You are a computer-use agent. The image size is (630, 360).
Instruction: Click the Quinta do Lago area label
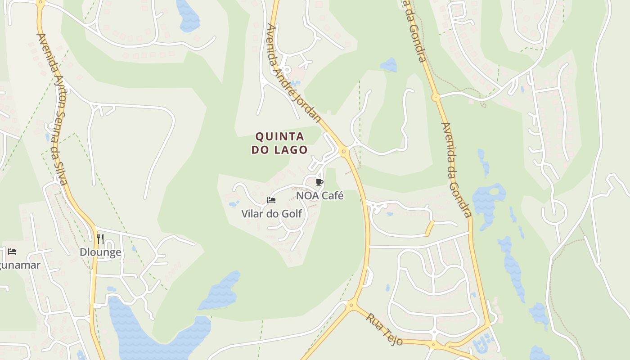(x=279, y=143)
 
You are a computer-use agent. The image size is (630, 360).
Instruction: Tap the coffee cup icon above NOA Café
(x=319, y=182)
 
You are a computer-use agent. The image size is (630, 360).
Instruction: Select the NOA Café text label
(x=319, y=196)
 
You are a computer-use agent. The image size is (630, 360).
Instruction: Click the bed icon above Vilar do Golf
(x=271, y=200)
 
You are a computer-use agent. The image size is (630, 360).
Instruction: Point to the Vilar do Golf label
(x=271, y=214)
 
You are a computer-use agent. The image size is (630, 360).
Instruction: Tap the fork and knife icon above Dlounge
(x=100, y=238)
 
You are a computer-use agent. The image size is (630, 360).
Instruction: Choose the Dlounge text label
(x=100, y=252)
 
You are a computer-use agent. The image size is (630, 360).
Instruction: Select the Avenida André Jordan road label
(x=293, y=73)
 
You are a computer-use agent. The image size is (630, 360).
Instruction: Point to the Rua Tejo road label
(x=384, y=329)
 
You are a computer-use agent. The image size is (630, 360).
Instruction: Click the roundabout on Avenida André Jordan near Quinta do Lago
(x=344, y=151)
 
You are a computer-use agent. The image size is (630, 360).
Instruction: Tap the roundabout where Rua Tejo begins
(x=351, y=306)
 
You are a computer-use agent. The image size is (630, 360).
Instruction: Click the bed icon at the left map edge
(x=12, y=252)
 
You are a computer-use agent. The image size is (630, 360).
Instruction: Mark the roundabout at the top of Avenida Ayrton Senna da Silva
(x=40, y=2)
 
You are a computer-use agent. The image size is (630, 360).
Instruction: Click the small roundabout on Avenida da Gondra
(x=435, y=97)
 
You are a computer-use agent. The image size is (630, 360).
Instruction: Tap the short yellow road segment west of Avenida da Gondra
(x=430, y=229)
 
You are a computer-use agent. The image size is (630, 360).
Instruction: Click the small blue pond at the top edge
(x=188, y=16)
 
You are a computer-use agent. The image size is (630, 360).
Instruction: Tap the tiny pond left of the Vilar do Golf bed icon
(x=234, y=204)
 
